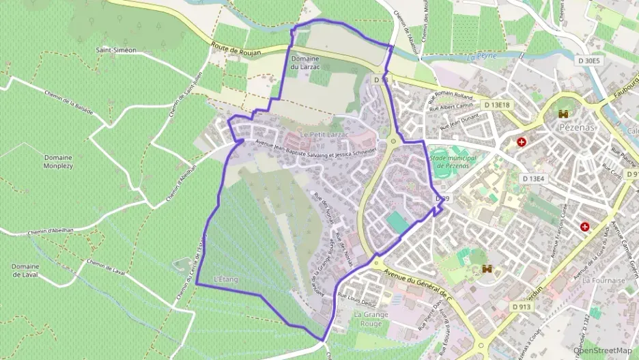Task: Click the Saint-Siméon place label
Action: pyautogui.click(x=116, y=51)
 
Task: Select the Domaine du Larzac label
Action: pyautogui.click(x=305, y=63)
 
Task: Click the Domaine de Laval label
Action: pyautogui.click(x=25, y=270)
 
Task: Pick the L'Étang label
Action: pyautogui.click(x=225, y=279)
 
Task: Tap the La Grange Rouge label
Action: pyautogui.click(x=371, y=319)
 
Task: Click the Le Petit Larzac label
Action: pyautogui.click(x=324, y=135)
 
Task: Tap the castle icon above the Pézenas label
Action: pyautogui.click(x=564, y=114)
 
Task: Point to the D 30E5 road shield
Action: pyautogui.click(x=589, y=61)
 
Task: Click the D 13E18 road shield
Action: pyautogui.click(x=497, y=105)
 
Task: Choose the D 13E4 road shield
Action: pyautogui.click(x=534, y=179)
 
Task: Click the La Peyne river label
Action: pyautogui.click(x=481, y=56)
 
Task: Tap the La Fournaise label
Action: pyautogui.click(x=603, y=280)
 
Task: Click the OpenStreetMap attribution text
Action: pyautogui.click(x=603, y=350)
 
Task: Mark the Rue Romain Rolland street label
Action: pyautogui.click(x=452, y=101)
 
